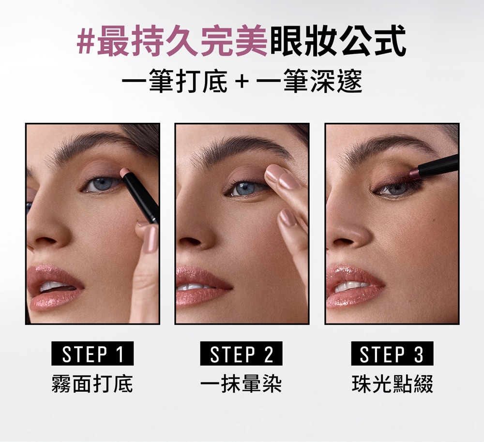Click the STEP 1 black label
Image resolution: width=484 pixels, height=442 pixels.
tap(92, 354)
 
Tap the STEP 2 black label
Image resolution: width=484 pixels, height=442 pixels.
tap(241, 354)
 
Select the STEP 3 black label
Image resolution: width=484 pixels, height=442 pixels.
tap(392, 354)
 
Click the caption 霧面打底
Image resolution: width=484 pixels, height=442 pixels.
tap(92, 384)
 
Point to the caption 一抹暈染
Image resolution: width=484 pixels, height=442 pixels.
tap(241, 384)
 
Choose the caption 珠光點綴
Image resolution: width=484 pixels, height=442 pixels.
tap(393, 384)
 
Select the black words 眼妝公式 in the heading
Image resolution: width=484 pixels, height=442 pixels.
tap(337, 42)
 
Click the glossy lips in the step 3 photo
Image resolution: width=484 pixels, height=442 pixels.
tap(355, 287)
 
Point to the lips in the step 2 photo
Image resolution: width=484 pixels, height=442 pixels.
tap(202, 287)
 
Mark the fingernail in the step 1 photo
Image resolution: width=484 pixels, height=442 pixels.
tap(151, 238)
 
